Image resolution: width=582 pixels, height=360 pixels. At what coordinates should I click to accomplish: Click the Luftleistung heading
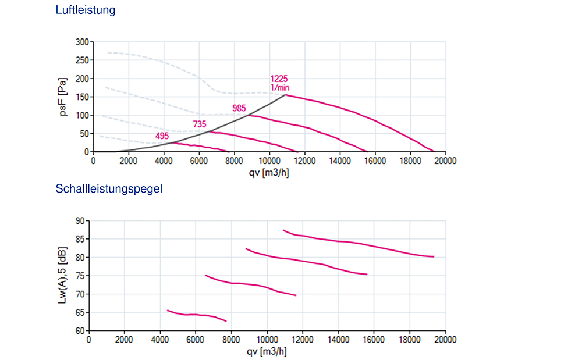[86, 10]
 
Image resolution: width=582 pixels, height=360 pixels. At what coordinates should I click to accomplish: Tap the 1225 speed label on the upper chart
[279, 79]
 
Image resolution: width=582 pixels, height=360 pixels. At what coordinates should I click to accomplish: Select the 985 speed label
[239, 108]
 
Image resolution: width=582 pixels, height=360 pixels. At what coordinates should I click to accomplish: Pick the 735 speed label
[200, 124]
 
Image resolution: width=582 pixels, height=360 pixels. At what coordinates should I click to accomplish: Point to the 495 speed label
[162, 136]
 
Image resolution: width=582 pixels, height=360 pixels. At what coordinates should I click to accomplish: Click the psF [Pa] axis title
[63, 97]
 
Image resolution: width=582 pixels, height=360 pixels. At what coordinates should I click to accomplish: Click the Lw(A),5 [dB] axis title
[63, 276]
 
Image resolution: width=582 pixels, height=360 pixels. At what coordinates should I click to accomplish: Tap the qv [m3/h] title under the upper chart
[269, 172]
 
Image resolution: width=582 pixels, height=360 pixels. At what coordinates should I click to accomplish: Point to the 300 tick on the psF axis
[83, 42]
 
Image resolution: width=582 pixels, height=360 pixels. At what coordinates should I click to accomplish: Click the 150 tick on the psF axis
[83, 97]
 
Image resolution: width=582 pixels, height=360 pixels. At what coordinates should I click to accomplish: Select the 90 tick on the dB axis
[80, 220]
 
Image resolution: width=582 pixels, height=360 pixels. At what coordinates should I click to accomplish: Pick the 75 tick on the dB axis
[80, 276]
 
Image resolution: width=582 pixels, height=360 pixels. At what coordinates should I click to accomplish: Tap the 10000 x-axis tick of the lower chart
[267, 340]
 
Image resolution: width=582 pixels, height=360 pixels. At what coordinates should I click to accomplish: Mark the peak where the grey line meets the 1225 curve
[286, 95]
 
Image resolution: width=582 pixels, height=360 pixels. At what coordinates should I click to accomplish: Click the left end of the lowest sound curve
[168, 311]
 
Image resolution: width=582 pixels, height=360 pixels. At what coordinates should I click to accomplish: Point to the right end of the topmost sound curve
[434, 256]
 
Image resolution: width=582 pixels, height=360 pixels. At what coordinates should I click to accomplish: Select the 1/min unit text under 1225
[280, 87]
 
